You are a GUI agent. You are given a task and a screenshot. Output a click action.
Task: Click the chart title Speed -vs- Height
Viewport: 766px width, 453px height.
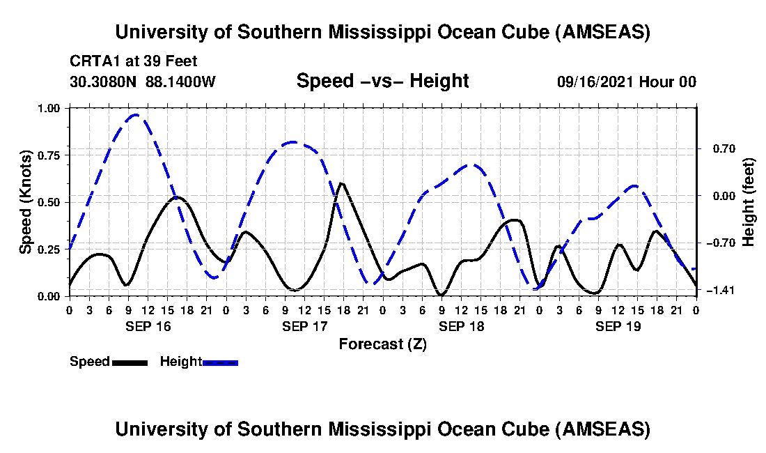click(x=382, y=81)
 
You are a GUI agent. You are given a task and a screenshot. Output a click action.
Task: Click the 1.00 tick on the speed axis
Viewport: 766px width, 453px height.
click(x=52, y=108)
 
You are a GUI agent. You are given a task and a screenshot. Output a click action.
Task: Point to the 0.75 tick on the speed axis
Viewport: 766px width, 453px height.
click(x=52, y=155)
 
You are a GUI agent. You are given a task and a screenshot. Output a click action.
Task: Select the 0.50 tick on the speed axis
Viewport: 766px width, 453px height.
click(x=52, y=202)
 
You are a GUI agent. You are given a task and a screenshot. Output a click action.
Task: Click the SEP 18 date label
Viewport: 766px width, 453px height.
click(x=460, y=326)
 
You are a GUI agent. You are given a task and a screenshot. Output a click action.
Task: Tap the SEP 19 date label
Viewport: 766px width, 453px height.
click(x=617, y=326)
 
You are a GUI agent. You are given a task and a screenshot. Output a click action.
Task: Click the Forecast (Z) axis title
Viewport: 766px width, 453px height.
click(x=382, y=344)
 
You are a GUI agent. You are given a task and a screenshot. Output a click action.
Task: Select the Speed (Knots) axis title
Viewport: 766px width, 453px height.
click(x=26, y=202)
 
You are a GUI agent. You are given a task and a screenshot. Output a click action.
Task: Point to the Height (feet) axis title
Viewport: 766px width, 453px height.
click(x=749, y=202)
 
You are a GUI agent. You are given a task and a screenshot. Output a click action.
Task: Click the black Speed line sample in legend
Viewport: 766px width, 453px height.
click(x=130, y=362)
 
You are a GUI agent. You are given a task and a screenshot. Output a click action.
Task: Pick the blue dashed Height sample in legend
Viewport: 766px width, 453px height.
click(x=220, y=362)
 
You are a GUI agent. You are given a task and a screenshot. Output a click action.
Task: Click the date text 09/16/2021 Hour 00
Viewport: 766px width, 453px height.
click(x=626, y=82)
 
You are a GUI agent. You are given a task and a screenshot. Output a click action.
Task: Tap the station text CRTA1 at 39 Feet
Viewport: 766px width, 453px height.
click(x=134, y=61)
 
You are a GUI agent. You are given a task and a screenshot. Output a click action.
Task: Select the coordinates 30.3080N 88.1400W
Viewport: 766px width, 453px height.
click(x=143, y=82)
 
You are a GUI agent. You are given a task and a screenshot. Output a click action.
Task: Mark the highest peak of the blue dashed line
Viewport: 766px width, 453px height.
click(x=136, y=115)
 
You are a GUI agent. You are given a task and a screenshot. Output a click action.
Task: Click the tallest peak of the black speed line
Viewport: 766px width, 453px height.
click(x=341, y=183)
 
